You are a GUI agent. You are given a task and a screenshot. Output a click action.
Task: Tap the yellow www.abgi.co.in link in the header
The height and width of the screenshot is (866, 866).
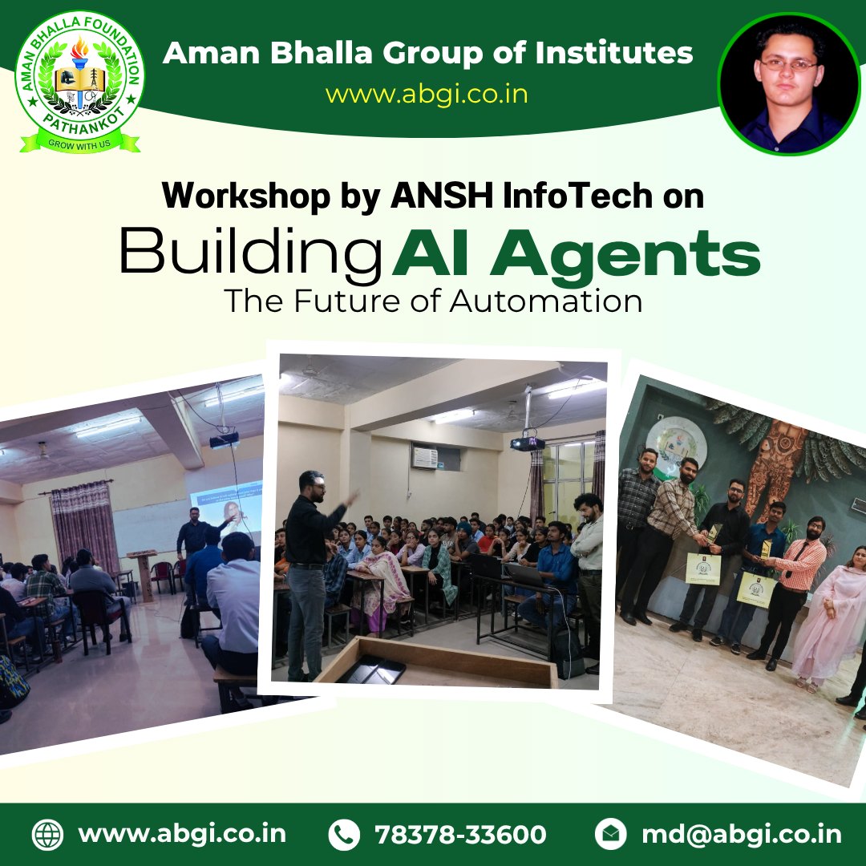(x=426, y=94)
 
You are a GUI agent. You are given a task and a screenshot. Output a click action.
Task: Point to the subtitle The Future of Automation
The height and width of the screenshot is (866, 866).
(x=433, y=301)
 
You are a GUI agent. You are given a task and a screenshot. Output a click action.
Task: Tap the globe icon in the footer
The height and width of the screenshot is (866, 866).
(x=47, y=834)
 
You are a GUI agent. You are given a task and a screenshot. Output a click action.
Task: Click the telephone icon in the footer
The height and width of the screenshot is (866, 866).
(x=344, y=834)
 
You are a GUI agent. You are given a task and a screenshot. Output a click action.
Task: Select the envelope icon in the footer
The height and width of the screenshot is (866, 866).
(x=610, y=834)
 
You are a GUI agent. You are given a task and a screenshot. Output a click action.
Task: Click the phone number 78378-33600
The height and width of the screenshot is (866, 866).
(x=461, y=834)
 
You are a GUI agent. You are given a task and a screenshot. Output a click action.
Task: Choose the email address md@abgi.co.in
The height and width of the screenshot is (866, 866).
(x=742, y=834)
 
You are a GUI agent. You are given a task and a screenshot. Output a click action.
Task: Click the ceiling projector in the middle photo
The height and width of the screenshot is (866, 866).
(x=527, y=443)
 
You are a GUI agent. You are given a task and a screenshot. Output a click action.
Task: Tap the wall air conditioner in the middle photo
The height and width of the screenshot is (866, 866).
(x=425, y=458)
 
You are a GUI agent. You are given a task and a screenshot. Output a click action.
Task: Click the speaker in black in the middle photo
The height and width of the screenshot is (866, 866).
(x=310, y=569)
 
